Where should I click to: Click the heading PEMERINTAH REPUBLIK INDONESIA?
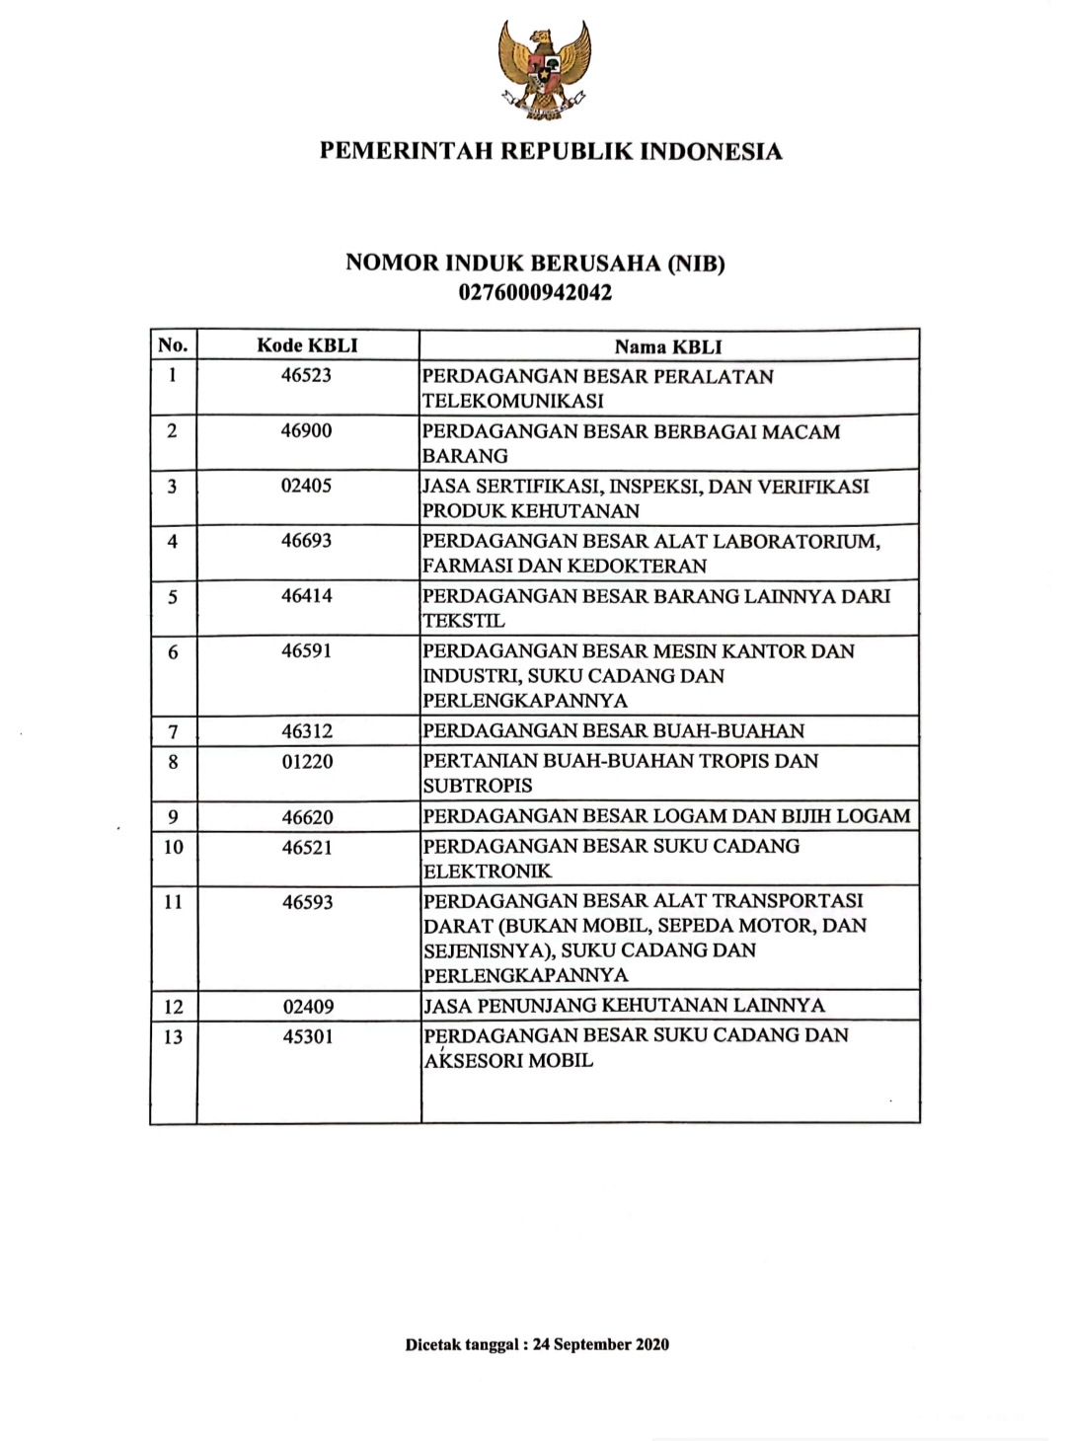pos(551,152)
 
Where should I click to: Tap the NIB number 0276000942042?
pos(535,292)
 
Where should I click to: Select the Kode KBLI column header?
pos(307,345)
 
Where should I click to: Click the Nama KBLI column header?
pos(668,346)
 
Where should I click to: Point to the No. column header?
pos(173,345)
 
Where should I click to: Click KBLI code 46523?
pos(306,375)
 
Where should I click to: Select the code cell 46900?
pos(306,430)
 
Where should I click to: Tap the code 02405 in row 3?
pos(306,486)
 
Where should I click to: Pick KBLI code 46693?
pos(306,541)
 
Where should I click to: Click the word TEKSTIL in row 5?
pos(463,621)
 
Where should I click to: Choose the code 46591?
pos(306,651)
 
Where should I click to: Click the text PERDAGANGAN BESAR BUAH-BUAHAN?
pos(613,731)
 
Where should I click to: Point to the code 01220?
pos(307,762)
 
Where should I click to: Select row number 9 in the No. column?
pos(173,817)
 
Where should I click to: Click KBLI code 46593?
pos(307,902)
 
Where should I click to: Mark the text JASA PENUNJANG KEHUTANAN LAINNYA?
pos(624,1006)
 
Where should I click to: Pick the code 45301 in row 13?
pos(307,1036)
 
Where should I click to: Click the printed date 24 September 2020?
pos(600,1344)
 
